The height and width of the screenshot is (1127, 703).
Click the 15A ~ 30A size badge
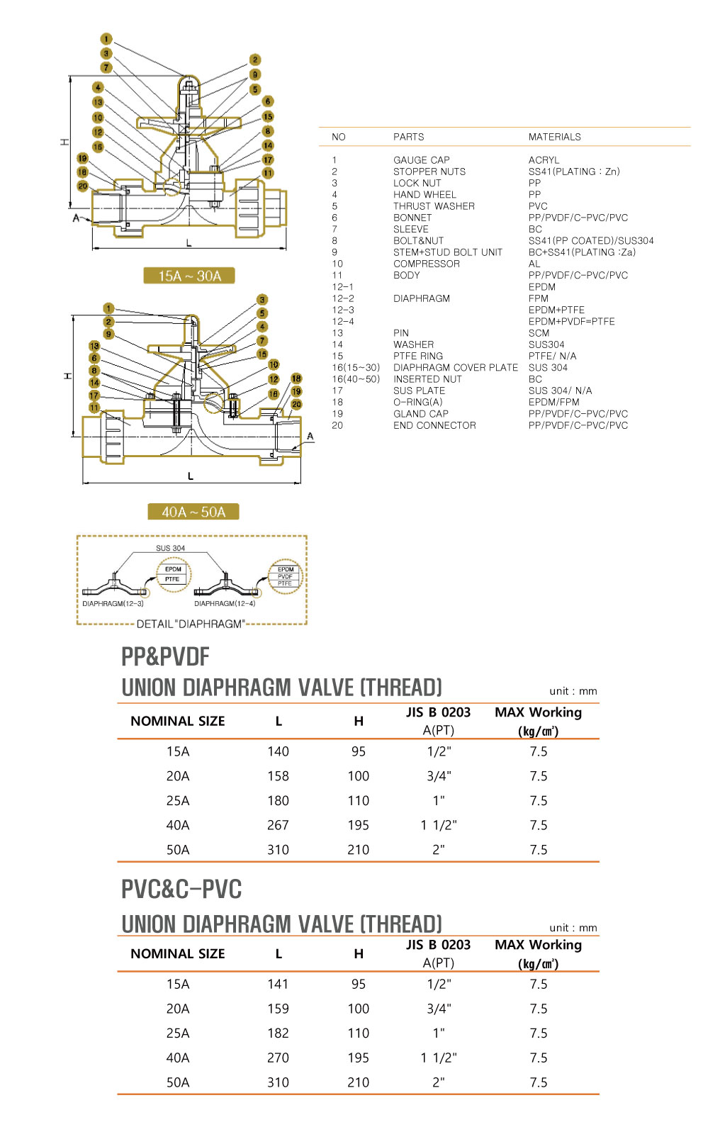(x=189, y=276)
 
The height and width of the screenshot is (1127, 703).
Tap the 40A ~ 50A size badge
(x=193, y=512)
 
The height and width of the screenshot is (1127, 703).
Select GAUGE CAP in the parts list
(x=421, y=160)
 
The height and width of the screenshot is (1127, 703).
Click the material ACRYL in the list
(x=544, y=160)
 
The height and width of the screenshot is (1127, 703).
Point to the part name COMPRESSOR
(x=426, y=264)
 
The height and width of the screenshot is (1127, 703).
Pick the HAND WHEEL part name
(x=424, y=194)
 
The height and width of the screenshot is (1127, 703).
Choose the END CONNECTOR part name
(x=434, y=425)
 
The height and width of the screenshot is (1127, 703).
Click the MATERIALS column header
(x=554, y=137)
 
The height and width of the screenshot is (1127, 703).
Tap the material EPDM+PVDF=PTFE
(x=571, y=321)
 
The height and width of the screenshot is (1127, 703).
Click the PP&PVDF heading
(x=165, y=657)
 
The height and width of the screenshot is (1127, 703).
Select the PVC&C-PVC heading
(x=181, y=889)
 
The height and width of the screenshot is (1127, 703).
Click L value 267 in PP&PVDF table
(x=278, y=825)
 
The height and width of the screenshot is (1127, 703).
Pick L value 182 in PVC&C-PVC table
(x=278, y=1033)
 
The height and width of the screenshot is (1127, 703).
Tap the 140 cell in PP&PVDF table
(x=278, y=751)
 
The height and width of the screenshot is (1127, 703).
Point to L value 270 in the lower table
(x=278, y=1058)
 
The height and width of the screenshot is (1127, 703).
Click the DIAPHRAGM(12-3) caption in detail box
(x=113, y=604)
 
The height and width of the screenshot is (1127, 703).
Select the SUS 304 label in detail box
(x=170, y=548)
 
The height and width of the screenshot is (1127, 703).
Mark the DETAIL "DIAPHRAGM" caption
(x=190, y=624)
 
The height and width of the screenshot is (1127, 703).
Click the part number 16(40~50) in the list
(x=356, y=379)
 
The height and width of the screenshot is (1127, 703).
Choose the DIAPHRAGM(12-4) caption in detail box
(x=225, y=604)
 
